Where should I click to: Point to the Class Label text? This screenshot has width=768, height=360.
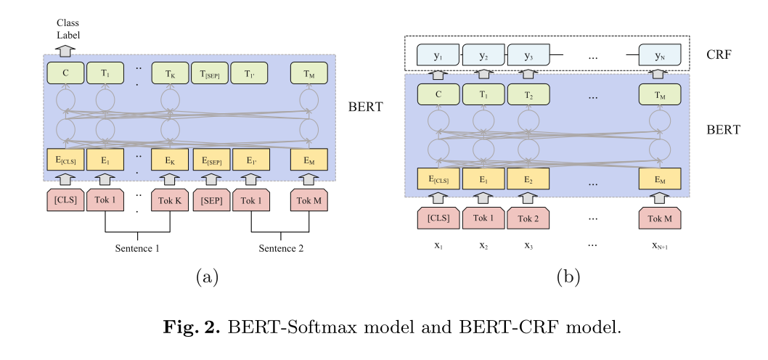pyautogui.click(x=69, y=30)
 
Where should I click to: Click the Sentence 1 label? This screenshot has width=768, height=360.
pyautogui.click(x=138, y=248)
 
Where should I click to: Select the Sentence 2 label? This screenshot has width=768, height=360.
pyautogui.click(x=282, y=248)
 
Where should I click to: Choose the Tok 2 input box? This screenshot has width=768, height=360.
pyautogui.click(x=528, y=218)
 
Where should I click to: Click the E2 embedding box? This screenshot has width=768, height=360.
pyautogui.click(x=528, y=179)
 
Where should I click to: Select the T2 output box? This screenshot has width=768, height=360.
pyautogui.click(x=528, y=94)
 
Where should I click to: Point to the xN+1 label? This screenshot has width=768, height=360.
pyautogui.click(x=659, y=246)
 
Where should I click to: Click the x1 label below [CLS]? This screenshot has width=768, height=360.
pyautogui.click(x=438, y=246)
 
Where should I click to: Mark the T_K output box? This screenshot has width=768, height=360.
pyautogui.click(x=170, y=73)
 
